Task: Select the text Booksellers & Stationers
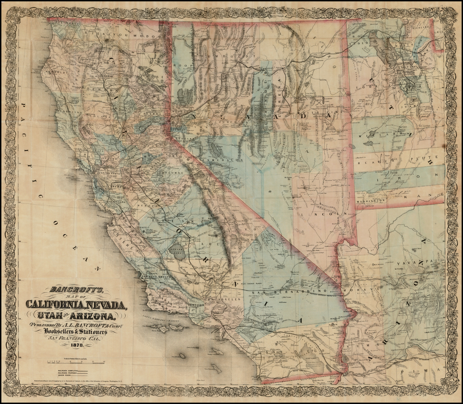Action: pos(75,331)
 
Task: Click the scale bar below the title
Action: pos(77,362)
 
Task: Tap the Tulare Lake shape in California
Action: pos(176,251)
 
